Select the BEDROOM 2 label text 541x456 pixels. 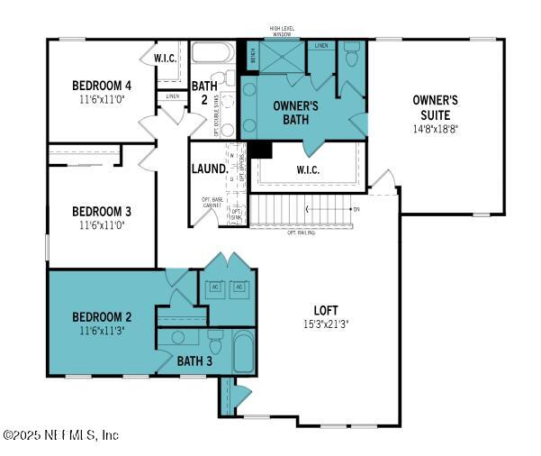(x=103, y=317)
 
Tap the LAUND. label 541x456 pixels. (x=207, y=169)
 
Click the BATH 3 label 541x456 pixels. (x=194, y=361)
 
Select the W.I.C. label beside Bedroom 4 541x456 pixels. (x=165, y=59)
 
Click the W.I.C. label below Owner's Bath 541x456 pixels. (x=308, y=169)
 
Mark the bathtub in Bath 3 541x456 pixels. (x=244, y=351)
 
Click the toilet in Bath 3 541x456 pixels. (x=215, y=340)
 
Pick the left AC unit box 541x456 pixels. (x=215, y=287)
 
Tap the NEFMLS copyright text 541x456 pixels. (x=60, y=434)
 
